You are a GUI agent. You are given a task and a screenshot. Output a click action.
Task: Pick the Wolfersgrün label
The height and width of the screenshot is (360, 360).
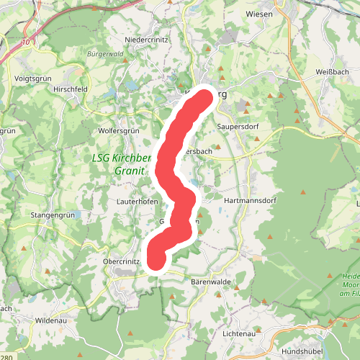[117, 131]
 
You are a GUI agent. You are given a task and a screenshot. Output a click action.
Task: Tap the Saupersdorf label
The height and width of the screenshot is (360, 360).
[238, 127]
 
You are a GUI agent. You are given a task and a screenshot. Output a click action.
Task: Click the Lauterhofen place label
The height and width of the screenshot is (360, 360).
[137, 202]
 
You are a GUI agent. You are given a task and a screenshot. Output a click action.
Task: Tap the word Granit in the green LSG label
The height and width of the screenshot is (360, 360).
[129, 171]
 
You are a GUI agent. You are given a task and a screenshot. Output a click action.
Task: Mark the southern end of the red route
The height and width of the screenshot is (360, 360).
[156, 260]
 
